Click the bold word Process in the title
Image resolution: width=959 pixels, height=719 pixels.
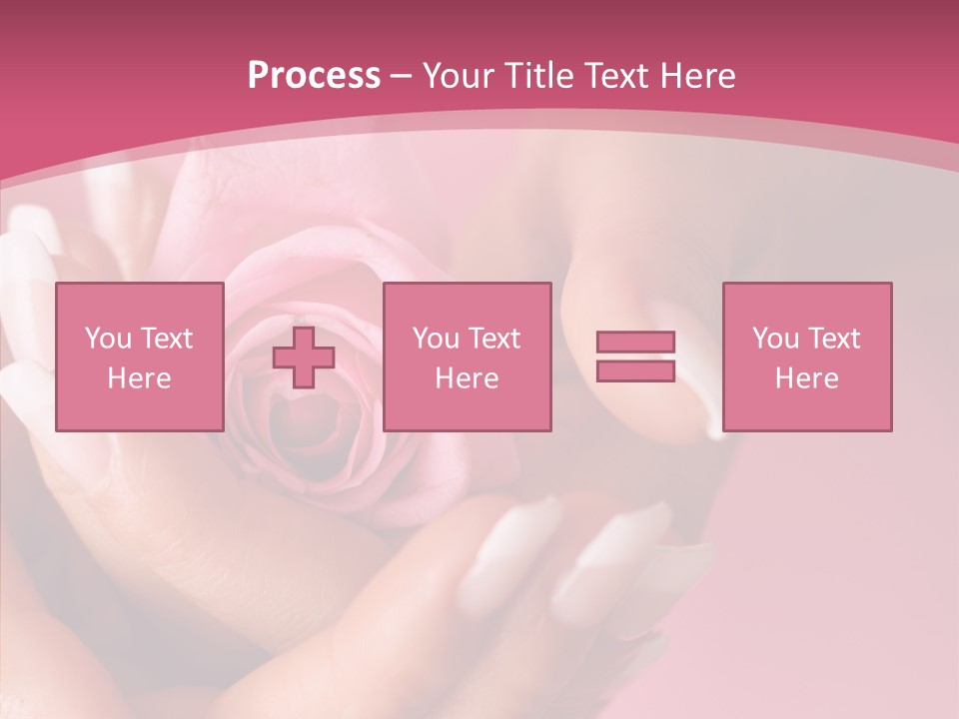coord(314,75)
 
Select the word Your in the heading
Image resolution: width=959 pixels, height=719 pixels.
coord(460,75)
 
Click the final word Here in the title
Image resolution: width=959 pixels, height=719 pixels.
coord(696,75)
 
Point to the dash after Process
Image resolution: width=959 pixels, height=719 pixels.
coord(402,76)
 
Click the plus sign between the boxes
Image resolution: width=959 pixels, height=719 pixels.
coord(304,358)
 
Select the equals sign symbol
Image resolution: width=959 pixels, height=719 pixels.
coord(635,357)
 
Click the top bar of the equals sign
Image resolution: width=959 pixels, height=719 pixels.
coord(635,343)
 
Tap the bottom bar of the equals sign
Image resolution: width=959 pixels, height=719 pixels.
coord(635,370)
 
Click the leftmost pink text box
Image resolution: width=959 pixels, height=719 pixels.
coord(140,357)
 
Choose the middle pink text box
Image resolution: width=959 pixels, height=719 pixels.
coord(467,357)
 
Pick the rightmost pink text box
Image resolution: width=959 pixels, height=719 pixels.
coord(807,357)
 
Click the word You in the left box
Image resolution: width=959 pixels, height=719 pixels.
coord(107,339)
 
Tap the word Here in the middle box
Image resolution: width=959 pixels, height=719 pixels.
coord(467,378)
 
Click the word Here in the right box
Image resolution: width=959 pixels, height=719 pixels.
coord(807,378)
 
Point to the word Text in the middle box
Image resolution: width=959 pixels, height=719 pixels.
coord(494,339)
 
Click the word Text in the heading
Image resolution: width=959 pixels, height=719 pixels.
coord(614,75)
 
